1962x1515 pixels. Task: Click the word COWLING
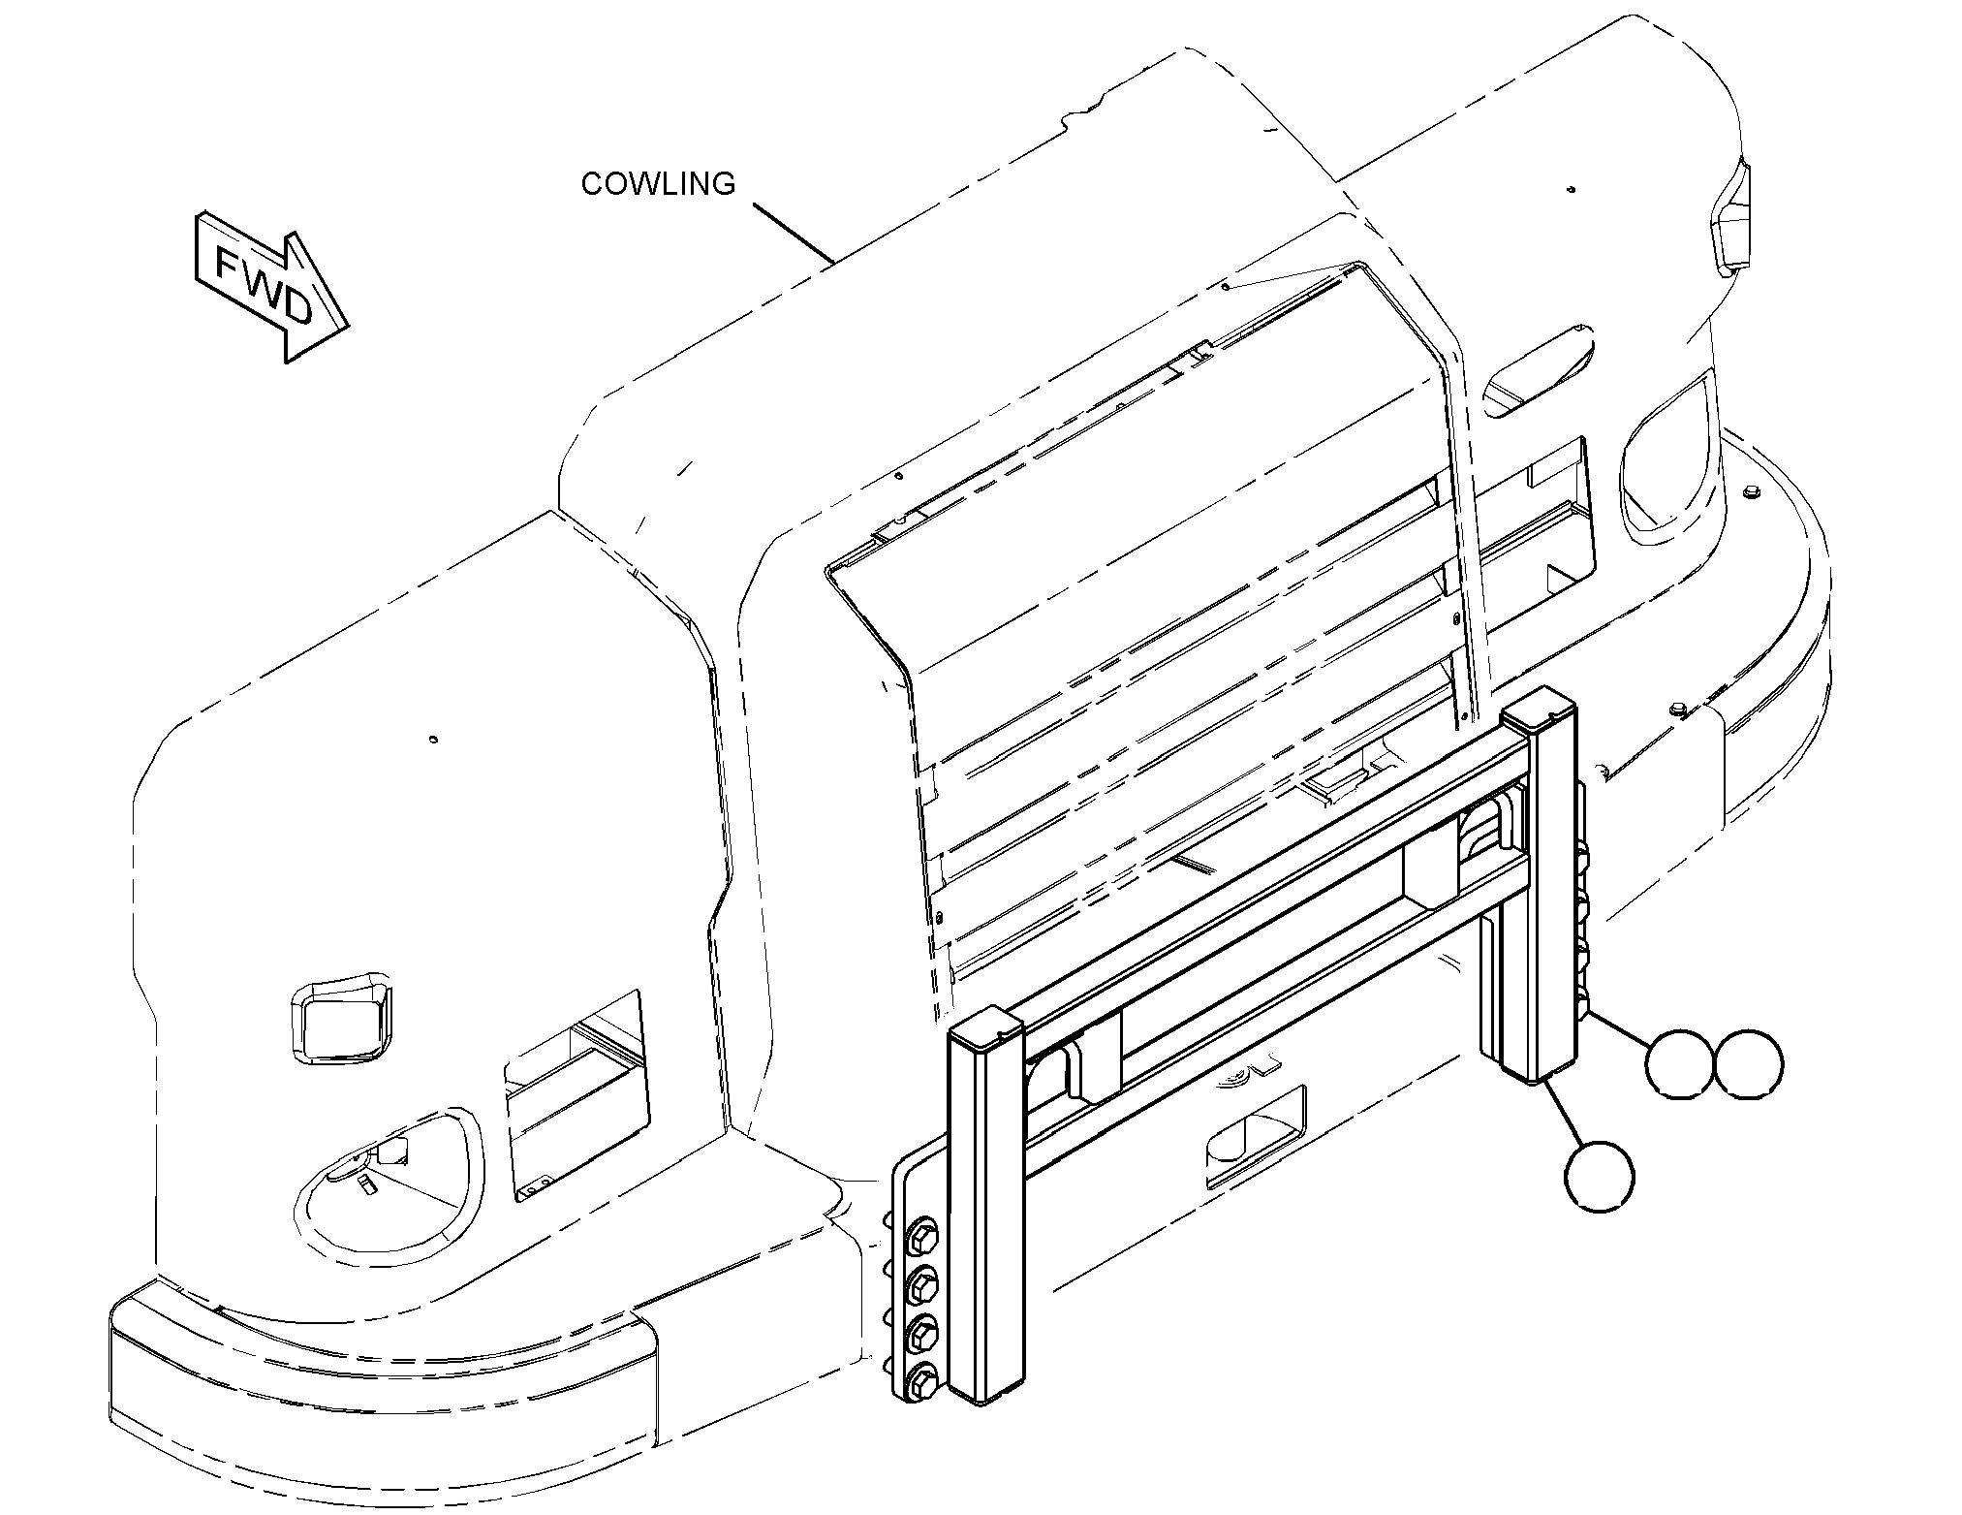(x=658, y=183)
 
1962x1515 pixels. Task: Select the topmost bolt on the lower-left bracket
(x=920, y=1240)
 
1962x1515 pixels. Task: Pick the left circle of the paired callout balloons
(x=1681, y=1064)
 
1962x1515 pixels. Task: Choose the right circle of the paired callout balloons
(x=1748, y=1064)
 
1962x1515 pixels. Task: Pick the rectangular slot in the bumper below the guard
(x=1256, y=1138)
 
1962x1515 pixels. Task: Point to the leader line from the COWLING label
(x=794, y=233)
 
